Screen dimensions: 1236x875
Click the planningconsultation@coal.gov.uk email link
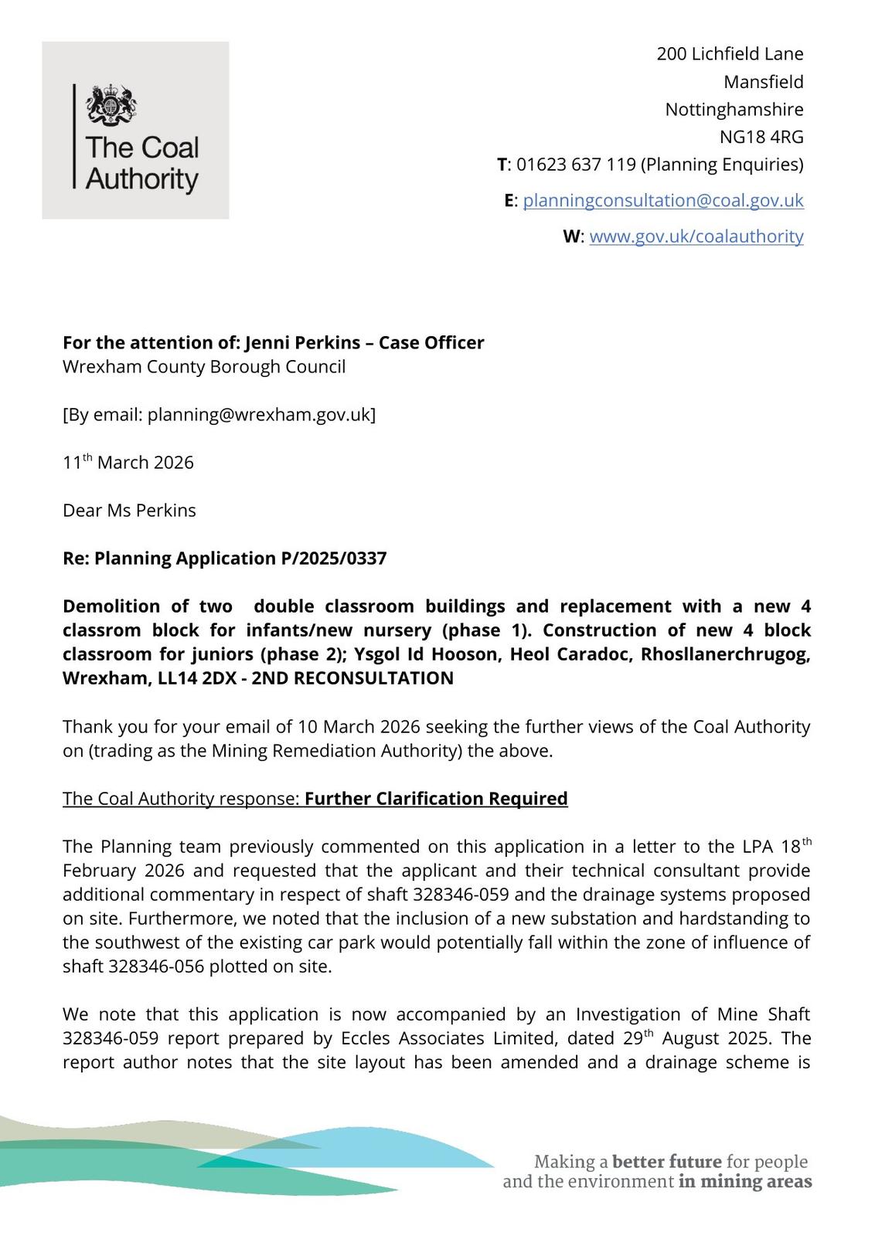(662, 201)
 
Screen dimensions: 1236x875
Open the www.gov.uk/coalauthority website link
(696, 236)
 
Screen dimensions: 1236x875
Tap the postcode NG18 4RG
(761, 138)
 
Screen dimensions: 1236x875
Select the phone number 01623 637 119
(576, 165)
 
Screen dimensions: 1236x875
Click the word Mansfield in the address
(763, 82)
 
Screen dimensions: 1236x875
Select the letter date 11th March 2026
(128, 463)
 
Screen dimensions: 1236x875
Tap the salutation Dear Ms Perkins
(129, 511)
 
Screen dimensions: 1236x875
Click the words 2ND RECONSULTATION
(363, 679)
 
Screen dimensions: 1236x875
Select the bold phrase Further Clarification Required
(436, 799)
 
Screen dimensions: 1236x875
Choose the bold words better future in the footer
(666, 1162)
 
